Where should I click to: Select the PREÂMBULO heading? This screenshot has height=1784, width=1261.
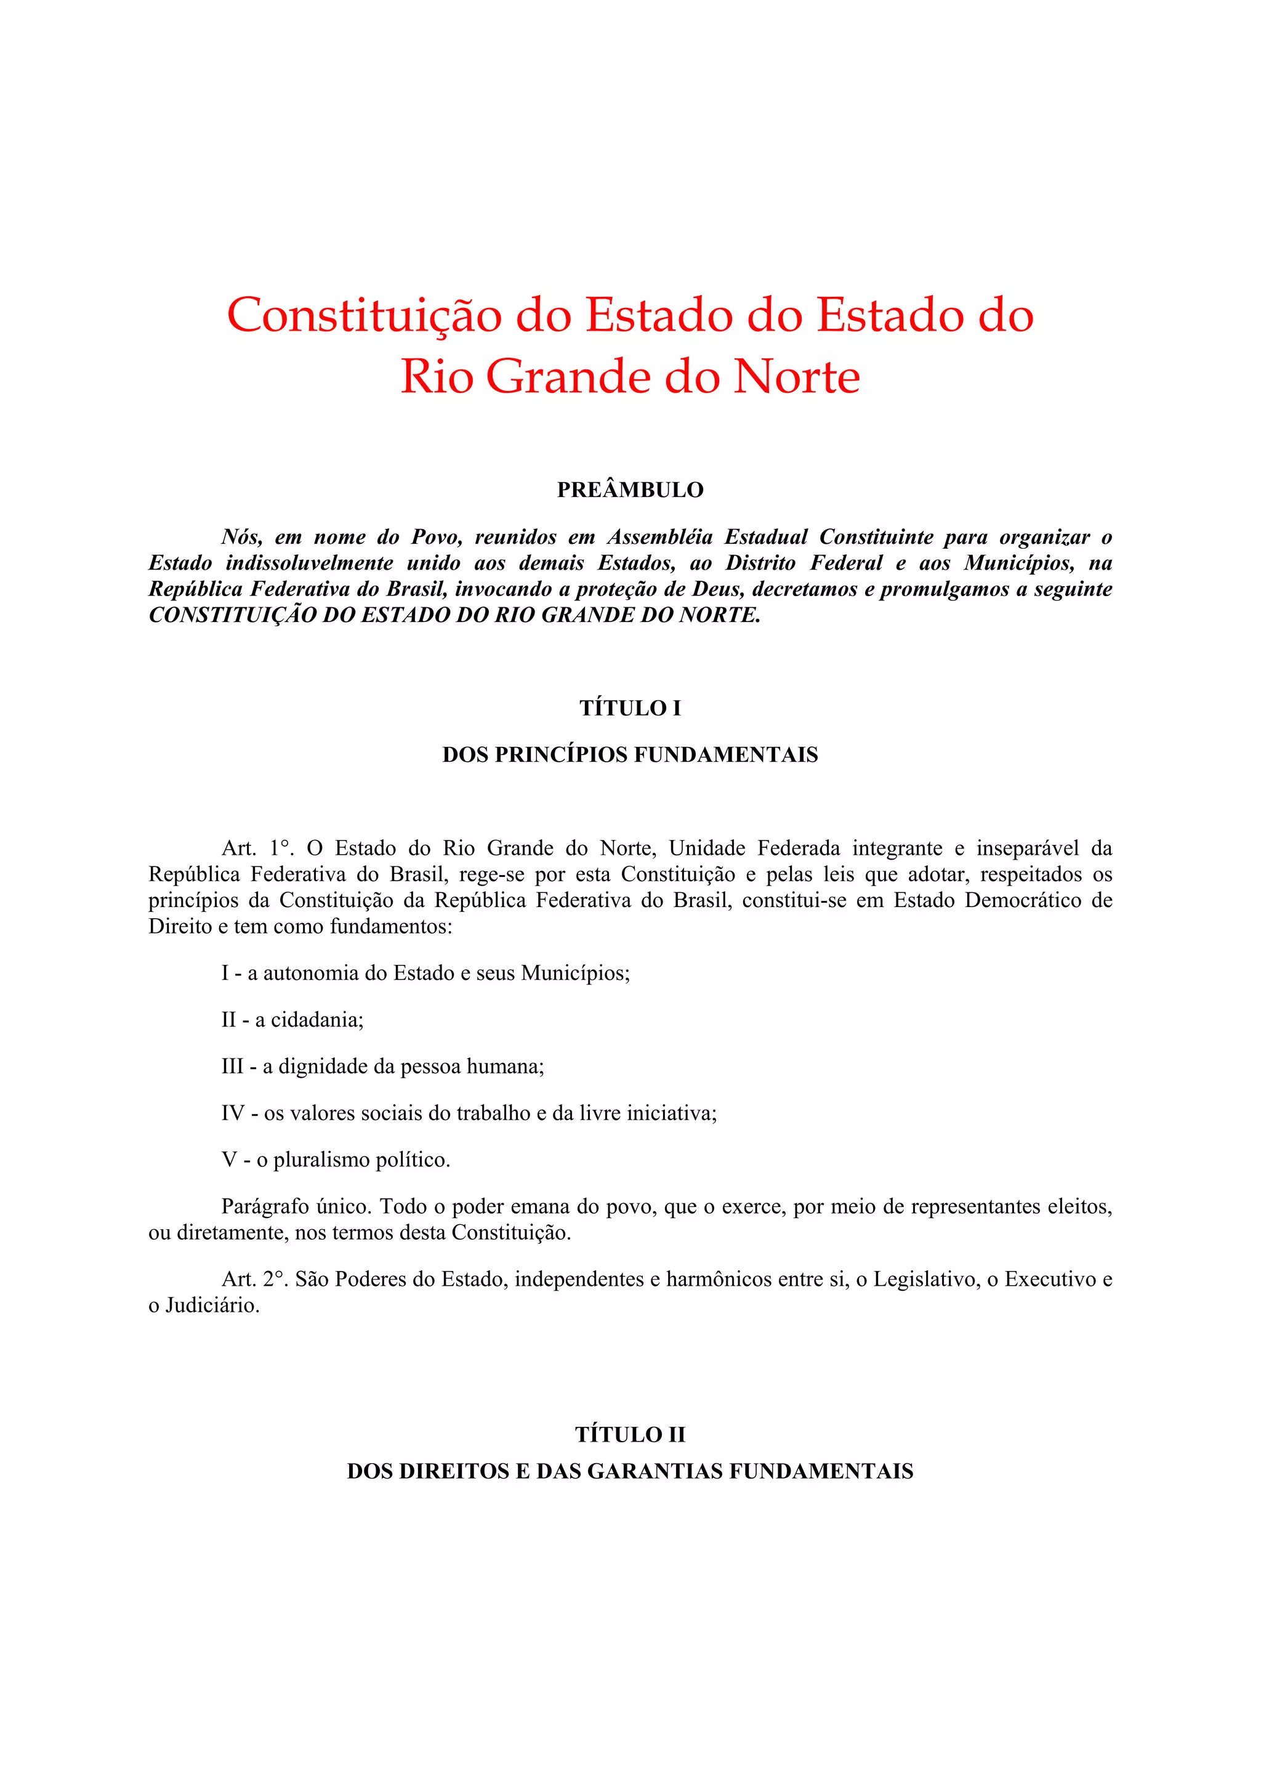click(x=630, y=490)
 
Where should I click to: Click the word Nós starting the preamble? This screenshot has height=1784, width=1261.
click(x=241, y=537)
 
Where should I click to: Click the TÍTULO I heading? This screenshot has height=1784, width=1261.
click(x=630, y=708)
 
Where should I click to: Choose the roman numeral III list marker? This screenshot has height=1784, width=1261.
click(x=232, y=1066)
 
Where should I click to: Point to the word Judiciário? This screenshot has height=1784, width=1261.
click(x=212, y=1306)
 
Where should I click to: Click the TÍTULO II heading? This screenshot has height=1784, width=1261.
click(x=630, y=1434)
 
